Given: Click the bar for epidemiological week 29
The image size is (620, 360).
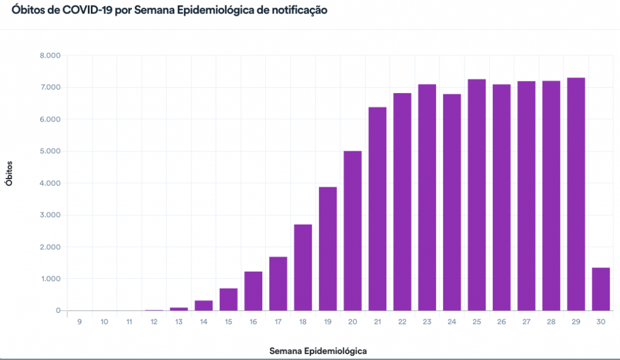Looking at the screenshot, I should pos(576,194).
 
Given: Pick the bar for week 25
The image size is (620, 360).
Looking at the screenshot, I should pos(477,195).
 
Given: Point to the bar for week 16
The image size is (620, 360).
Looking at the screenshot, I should pos(253,291).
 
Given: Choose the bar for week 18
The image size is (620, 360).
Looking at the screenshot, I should pos(303,267).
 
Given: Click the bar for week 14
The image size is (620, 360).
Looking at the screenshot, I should pos(203,306).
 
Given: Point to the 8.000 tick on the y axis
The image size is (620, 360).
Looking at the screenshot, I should pos(50,56).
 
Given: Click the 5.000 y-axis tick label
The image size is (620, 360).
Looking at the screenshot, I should pos(50,151).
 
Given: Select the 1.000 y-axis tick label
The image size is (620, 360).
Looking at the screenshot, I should pos(50,279).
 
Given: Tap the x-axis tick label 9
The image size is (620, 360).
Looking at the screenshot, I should pos(79,322).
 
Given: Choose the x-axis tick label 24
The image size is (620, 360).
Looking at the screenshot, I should pos(452,322).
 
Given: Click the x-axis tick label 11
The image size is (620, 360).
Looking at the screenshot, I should pos(129,322).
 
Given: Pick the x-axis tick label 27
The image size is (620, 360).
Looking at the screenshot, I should pos(526,322).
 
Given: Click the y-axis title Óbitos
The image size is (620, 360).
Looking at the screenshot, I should pos(9,174).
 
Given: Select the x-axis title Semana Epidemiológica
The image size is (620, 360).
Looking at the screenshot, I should pos(318,350).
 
